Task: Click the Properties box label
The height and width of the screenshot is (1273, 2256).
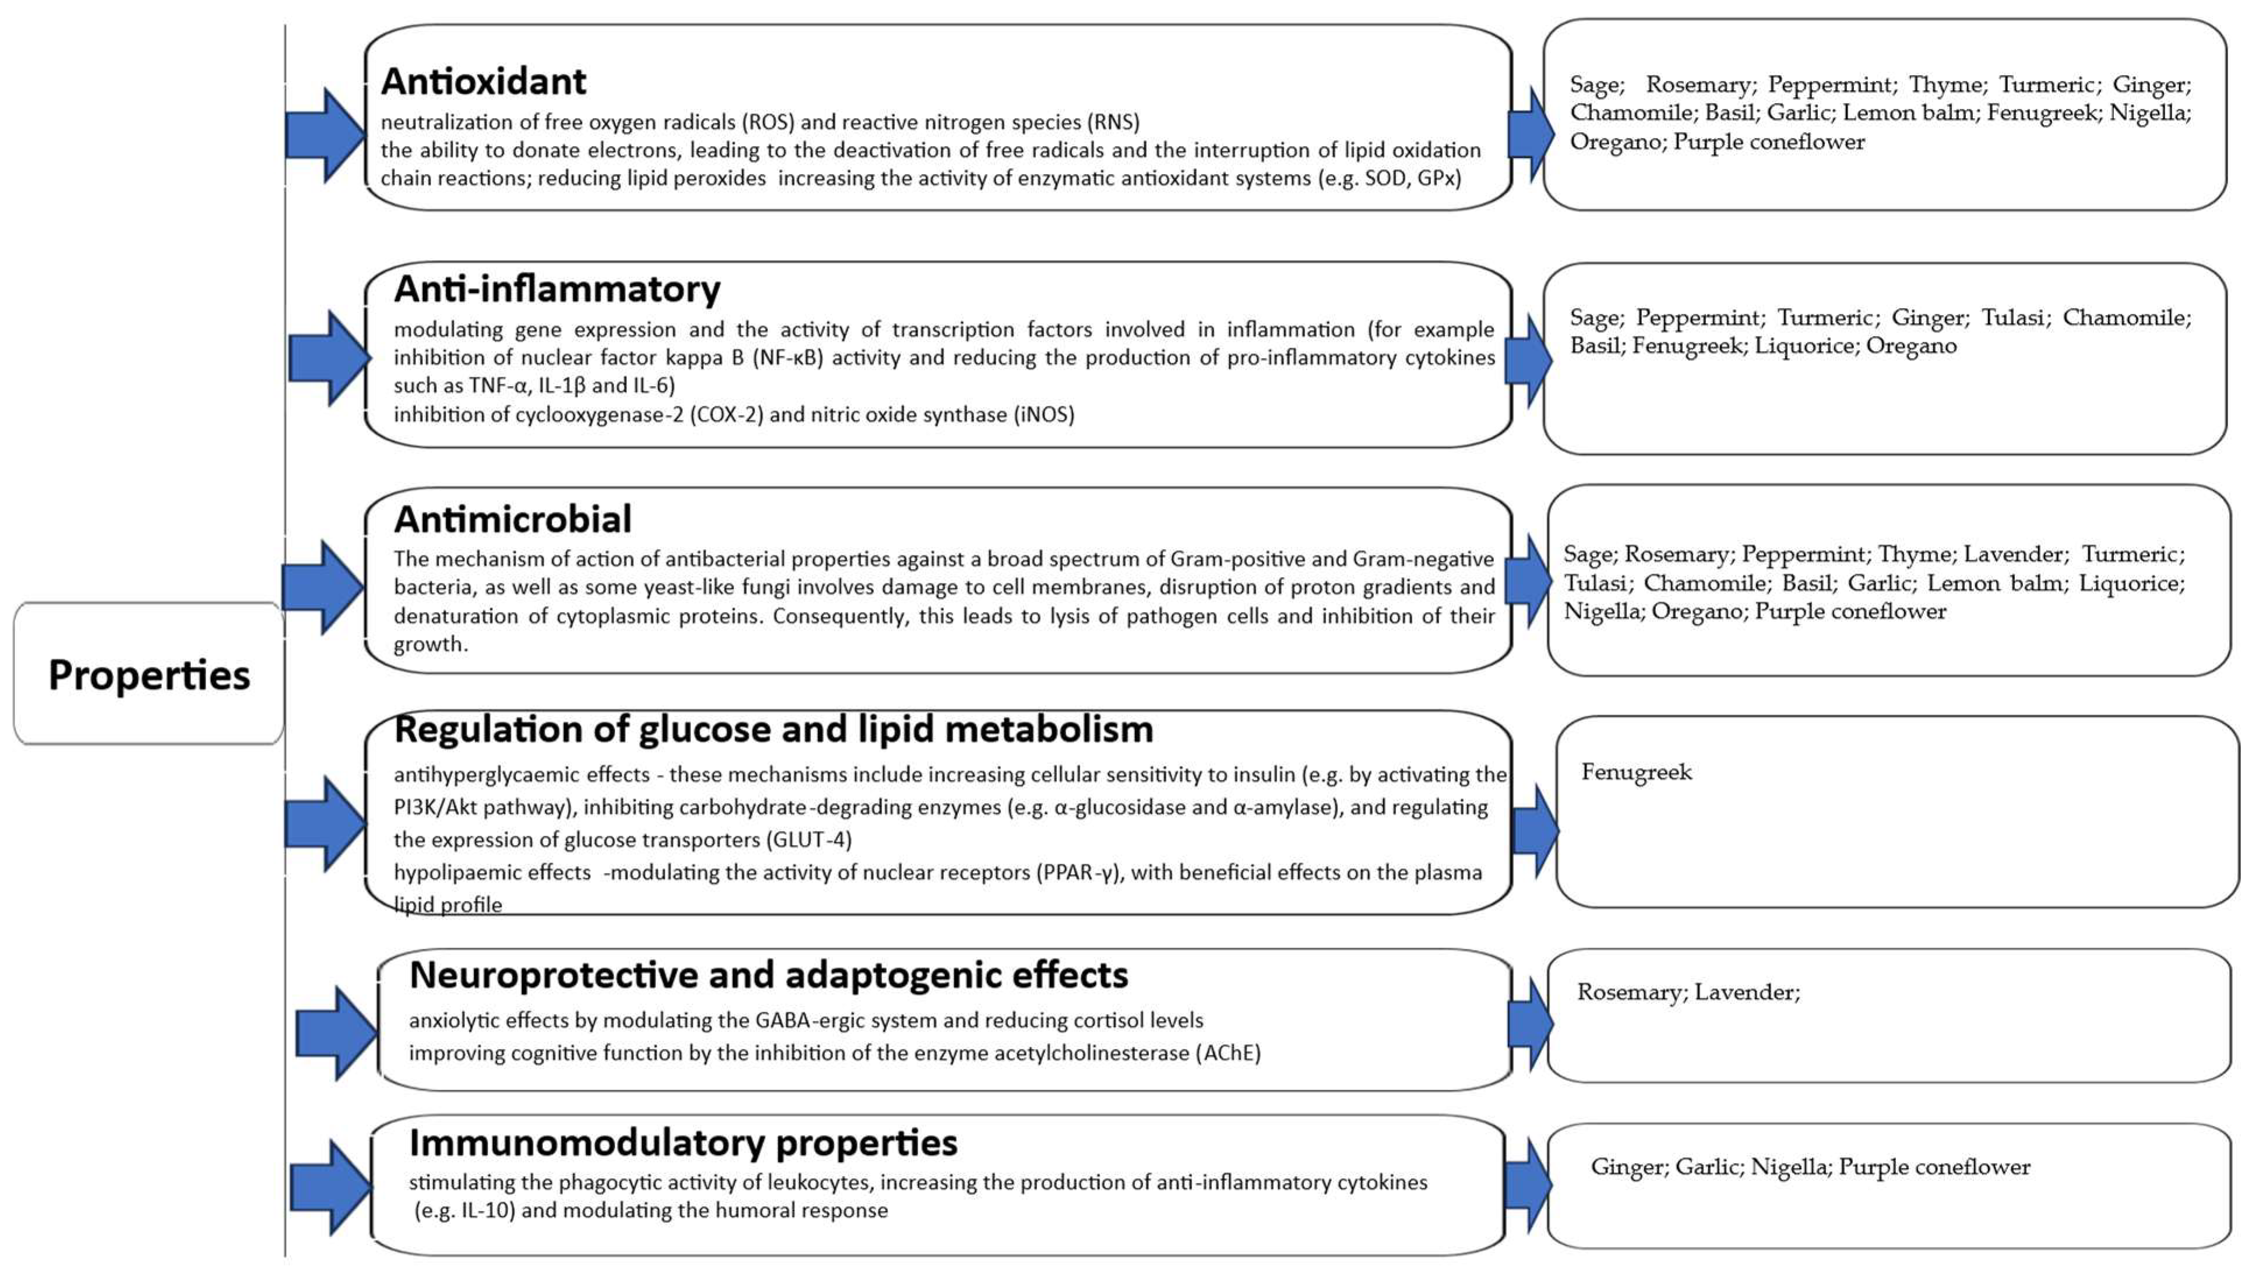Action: tap(149, 675)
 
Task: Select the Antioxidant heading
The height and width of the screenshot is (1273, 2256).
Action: tap(484, 82)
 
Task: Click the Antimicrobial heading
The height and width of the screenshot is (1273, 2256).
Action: tap(512, 519)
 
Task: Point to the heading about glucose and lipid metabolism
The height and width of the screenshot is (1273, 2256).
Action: tap(773, 729)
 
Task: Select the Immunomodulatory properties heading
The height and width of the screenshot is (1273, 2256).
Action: tap(683, 1143)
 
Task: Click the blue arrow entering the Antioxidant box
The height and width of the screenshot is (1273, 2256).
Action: tap(325, 135)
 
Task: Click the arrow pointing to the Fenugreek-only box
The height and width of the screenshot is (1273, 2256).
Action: tap(1534, 830)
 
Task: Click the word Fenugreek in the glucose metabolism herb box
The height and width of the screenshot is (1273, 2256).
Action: tap(1636, 772)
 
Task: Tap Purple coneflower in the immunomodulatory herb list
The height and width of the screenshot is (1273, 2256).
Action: tap(1934, 1167)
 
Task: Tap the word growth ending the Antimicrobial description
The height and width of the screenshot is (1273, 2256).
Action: tap(430, 645)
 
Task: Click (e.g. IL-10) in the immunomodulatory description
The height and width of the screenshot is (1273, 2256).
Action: tap(464, 1210)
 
